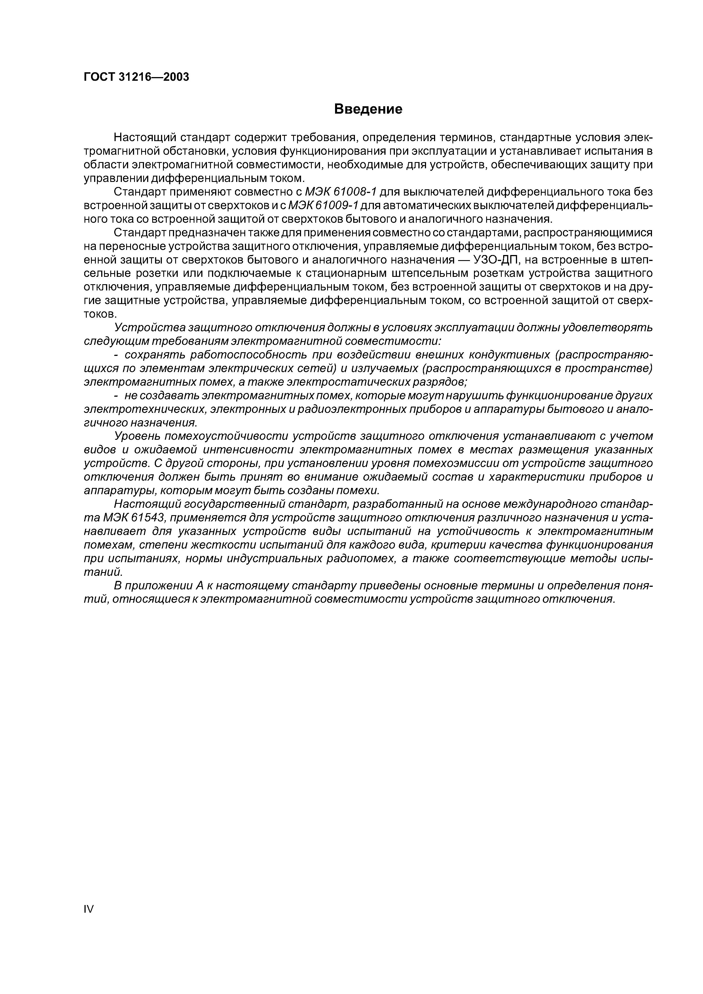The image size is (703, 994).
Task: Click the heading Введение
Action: (369, 109)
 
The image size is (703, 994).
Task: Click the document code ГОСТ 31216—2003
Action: (136, 77)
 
